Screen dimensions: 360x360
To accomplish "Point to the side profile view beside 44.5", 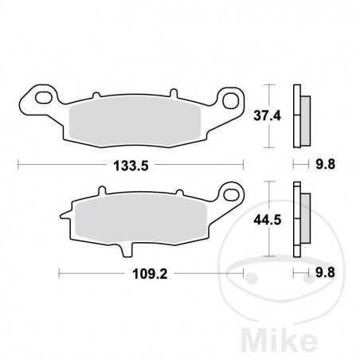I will pos(301,218).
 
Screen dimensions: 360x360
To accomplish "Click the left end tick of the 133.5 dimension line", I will pos(18,165).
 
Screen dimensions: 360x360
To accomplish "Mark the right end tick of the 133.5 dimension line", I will pos(242,165).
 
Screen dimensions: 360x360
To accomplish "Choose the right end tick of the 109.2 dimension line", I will pos(242,272).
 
